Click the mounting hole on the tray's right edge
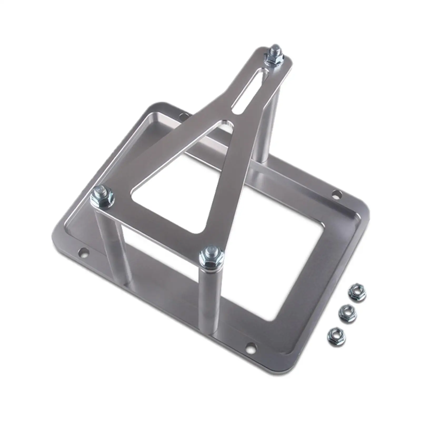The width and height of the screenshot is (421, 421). pyautogui.click(x=335, y=195)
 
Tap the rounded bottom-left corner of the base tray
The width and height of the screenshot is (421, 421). pyautogui.click(x=57, y=234)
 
